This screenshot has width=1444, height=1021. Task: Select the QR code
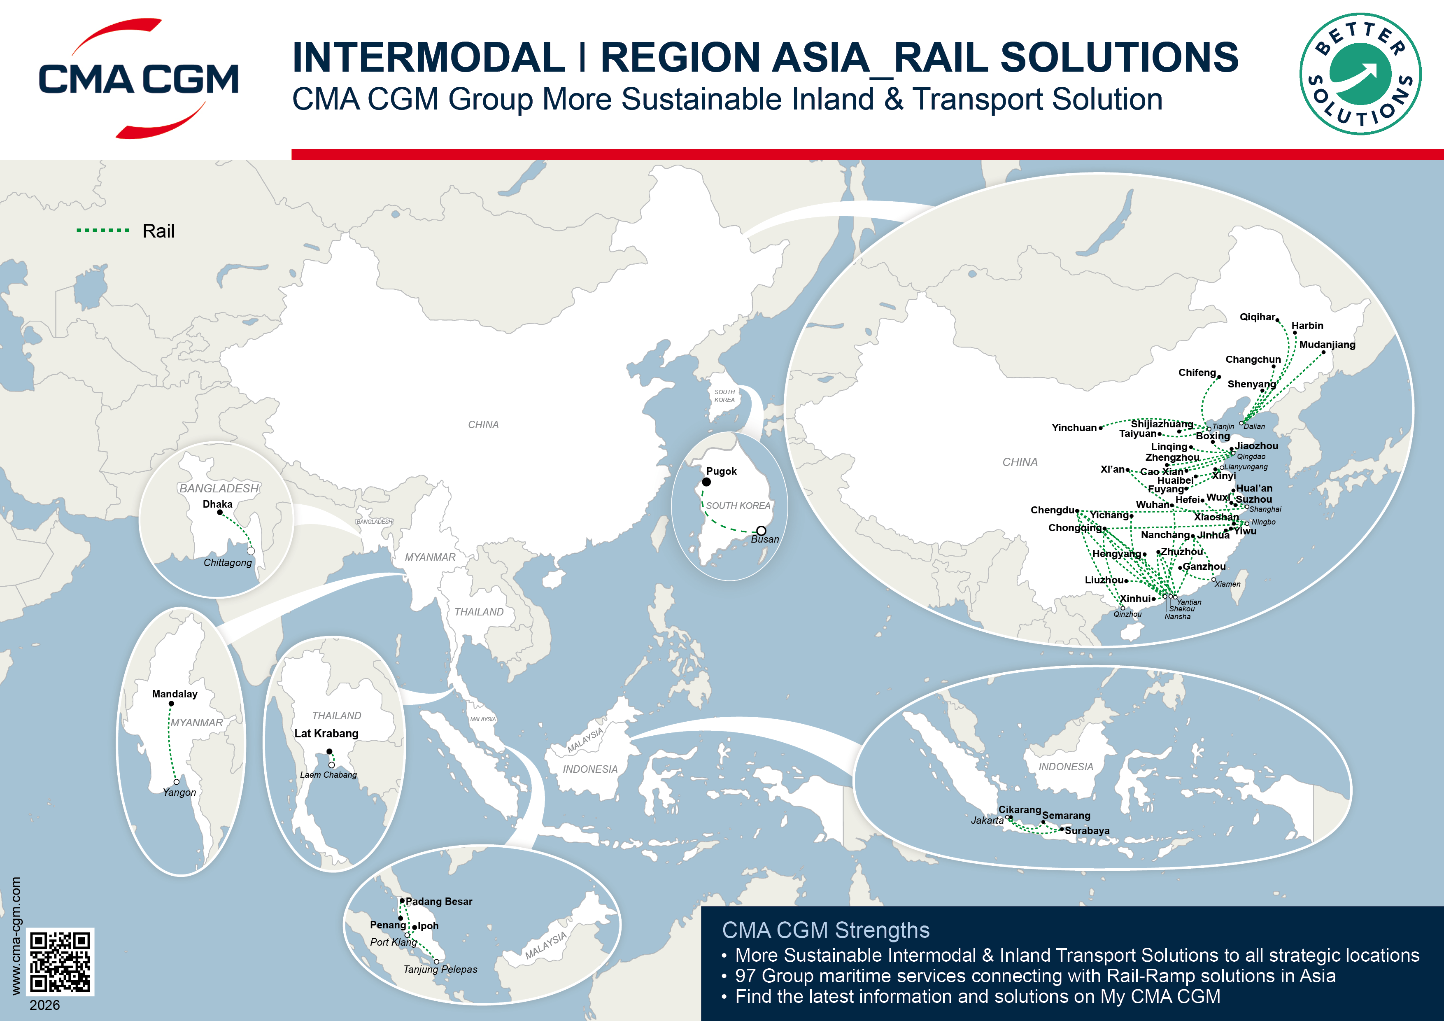pyautogui.click(x=61, y=961)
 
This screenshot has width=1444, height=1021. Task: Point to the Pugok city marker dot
pyautogui.click(x=706, y=482)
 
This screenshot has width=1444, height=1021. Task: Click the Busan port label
pyautogui.click(x=765, y=540)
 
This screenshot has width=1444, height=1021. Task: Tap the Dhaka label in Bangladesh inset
pyautogui.click(x=218, y=504)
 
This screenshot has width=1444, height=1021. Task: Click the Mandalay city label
pyautogui.click(x=175, y=694)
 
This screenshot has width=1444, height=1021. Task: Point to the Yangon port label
pyautogui.click(x=179, y=793)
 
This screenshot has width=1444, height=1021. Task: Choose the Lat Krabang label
pyautogui.click(x=326, y=734)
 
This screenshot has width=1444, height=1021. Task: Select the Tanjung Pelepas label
pyautogui.click(x=440, y=970)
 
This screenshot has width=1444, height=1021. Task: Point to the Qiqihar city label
pyautogui.click(x=1257, y=317)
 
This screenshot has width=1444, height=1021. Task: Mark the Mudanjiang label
pyautogui.click(x=1327, y=345)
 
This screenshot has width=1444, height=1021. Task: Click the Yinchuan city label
pyautogui.click(x=1074, y=428)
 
